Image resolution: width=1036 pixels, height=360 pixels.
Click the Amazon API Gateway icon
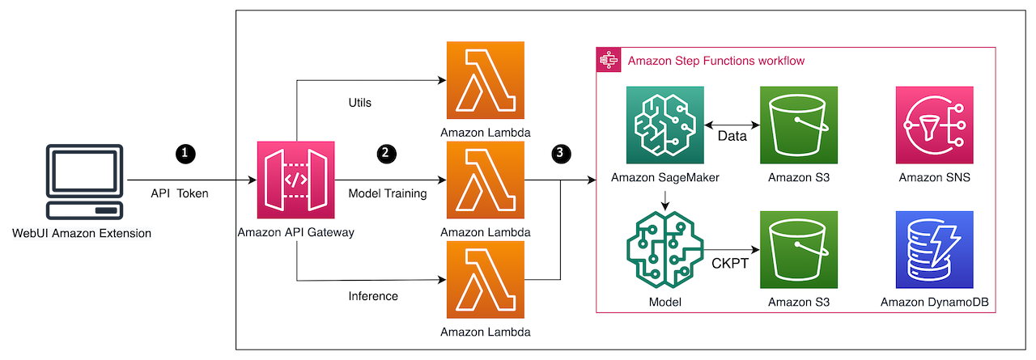coord(295,180)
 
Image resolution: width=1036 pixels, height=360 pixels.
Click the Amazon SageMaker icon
coord(666,126)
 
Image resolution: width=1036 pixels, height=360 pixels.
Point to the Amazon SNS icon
coord(934,126)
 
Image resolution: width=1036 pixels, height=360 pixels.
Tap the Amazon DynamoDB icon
coord(934,250)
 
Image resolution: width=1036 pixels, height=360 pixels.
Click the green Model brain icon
coord(666,250)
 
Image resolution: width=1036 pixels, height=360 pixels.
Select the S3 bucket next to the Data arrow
coord(799,126)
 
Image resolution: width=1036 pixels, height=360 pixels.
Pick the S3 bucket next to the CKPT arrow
coord(799,250)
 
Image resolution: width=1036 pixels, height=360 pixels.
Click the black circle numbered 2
coord(386,152)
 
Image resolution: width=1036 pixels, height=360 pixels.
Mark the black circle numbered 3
coord(560,152)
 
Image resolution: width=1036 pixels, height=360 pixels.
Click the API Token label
coord(180,193)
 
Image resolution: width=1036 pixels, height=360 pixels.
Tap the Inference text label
coord(373,296)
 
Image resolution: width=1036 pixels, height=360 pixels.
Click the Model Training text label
coord(388,193)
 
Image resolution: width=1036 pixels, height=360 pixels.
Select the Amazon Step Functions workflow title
coord(716,61)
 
